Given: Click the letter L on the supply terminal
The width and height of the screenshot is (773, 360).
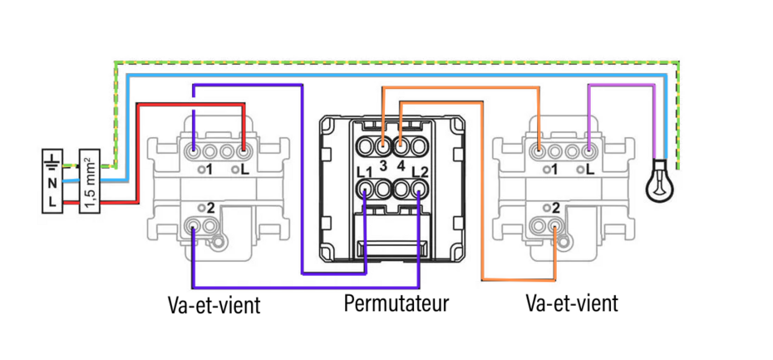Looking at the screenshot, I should (52, 202).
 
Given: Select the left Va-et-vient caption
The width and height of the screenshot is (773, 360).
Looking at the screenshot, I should (214, 304).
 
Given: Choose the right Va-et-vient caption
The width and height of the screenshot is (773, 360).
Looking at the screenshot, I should (572, 303).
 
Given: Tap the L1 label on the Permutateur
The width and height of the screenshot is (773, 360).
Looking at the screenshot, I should (362, 171).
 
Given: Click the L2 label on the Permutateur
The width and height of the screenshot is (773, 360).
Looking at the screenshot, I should (420, 171).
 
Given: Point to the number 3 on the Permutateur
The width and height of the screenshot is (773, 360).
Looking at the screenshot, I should (383, 165).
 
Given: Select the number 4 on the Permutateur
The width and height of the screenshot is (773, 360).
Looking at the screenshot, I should (401, 165).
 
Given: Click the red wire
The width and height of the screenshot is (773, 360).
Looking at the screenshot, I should (191, 104).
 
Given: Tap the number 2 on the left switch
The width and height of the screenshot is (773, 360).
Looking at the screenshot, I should (210, 206).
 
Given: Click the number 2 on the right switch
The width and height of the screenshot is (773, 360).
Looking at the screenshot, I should (555, 206).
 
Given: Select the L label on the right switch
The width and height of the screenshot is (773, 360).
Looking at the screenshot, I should (589, 170).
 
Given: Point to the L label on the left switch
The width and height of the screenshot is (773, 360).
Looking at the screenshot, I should (244, 170).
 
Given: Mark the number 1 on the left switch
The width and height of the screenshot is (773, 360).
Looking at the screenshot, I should (209, 170).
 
